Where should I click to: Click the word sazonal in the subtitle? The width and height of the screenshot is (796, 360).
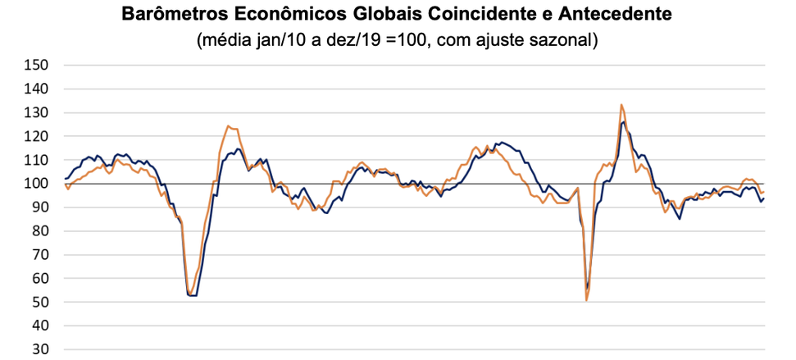click(564, 39)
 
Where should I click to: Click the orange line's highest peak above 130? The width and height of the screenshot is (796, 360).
click(621, 105)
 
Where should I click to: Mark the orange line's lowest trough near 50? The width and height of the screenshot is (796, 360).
click(586, 301)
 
